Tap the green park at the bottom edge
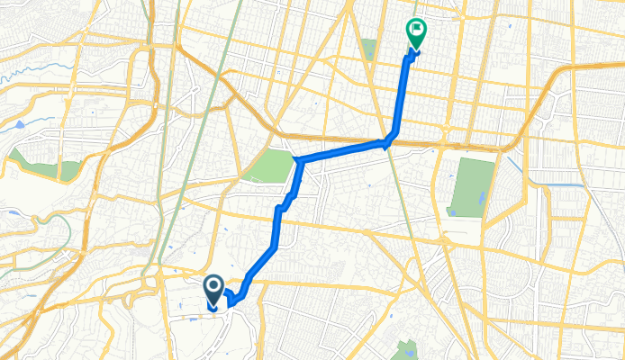(x=406, y=350)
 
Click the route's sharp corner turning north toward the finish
(x=389, y=140)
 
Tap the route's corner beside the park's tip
(x=297, y=161)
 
